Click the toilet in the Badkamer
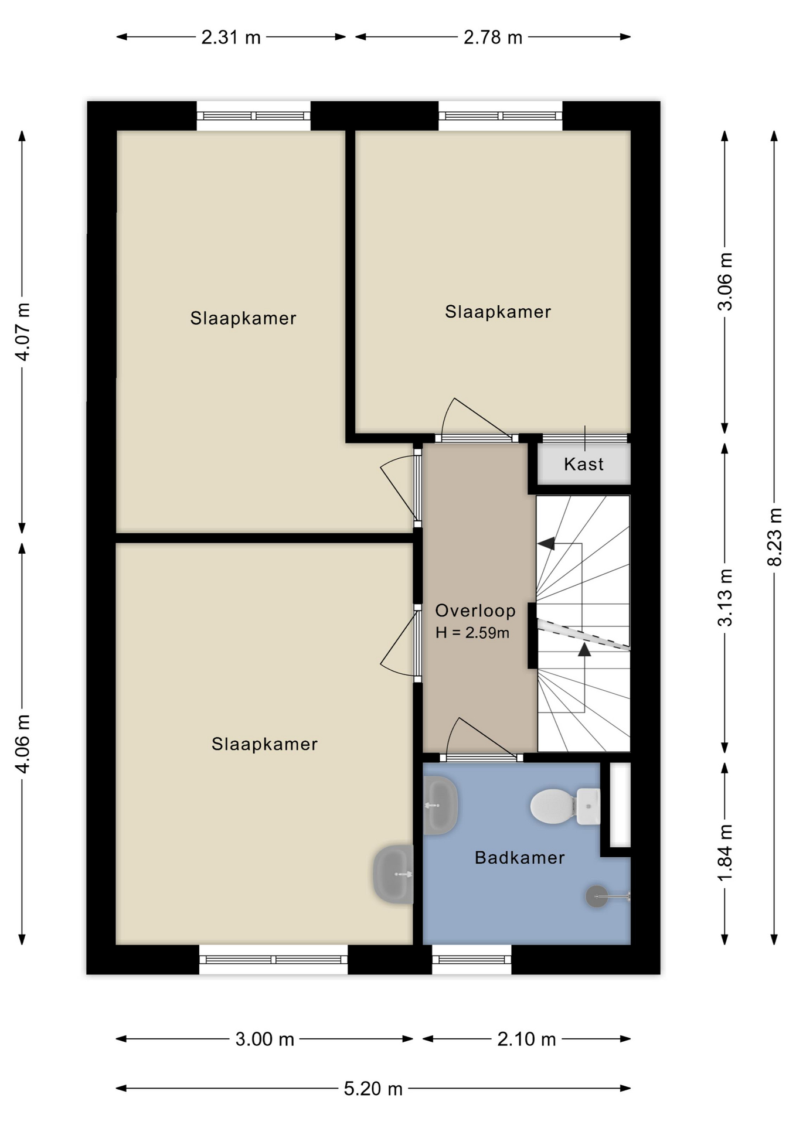click(x=564, y=806)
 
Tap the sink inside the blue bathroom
click(x=440, y=805)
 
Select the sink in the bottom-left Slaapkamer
click(x=393, y=874)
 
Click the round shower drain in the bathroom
click(x=597, y=896)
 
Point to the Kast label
click(x=583, y=464)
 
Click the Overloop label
click(x=475, y=611)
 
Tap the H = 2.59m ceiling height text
click(x=472, y=633)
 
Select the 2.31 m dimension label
click(x=231, y=37)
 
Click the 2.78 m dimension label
click(x=492, y=37)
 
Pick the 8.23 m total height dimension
click(x=774, y=537)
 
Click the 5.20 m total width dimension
click(x=373, y=1089)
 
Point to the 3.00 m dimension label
click(x=264, y=1039)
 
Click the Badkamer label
click(x=519, y=858)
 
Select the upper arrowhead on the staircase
click(x=546, y=543)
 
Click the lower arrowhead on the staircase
click(x=584, y=649)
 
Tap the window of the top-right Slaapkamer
click(x=500, y=116)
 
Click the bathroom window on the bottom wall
click(x=472, y=959)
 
